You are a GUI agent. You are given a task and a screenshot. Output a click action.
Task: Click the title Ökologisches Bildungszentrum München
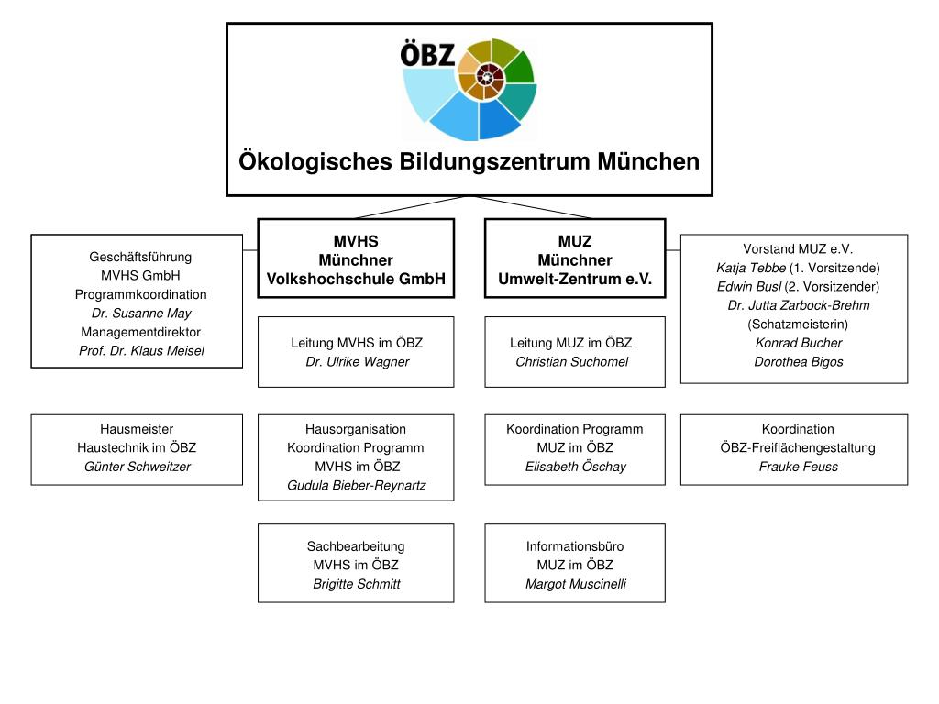click(x=469, y=162)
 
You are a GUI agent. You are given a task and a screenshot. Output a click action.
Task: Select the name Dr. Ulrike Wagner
click(x=357, y=362)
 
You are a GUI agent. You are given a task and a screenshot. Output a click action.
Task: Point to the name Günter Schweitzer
click(x=137, y=467)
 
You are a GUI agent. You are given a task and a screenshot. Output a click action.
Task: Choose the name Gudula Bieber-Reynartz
click(x=357, y=485)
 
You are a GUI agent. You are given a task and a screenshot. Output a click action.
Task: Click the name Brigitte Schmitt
click(x=357, y=584)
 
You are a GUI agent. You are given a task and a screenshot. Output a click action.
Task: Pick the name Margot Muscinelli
click(x=575, y=584)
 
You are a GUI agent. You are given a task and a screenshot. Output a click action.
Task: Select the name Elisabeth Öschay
click(x=575, y=467)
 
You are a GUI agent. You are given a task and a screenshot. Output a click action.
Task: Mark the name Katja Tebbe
click(x=751, y=268)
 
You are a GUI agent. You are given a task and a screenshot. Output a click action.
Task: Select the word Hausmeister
click(x=137, y=429)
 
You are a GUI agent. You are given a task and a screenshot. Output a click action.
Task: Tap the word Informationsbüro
click(x=575, y=546)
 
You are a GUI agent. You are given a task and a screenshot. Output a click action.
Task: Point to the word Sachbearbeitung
click(x=356, y=546)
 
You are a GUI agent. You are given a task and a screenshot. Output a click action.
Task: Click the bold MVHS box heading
click(x=356, y=242)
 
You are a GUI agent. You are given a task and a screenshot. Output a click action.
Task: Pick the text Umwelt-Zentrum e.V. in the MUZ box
click(x=575, y=280)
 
